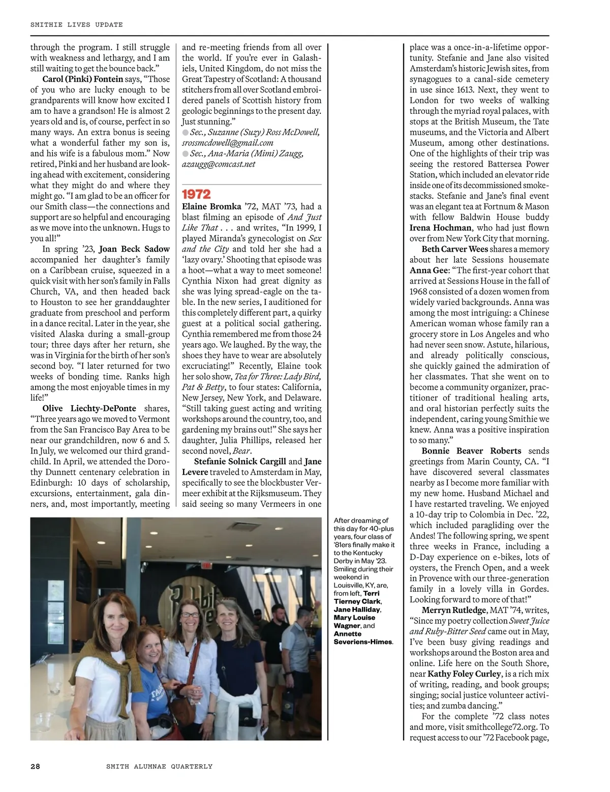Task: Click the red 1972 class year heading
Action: pyautogui.click(x=196, y=194)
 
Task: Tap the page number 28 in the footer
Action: pyautogui.click(x=35, y=766)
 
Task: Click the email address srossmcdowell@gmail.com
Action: pyautogui.click(x=228, y=143)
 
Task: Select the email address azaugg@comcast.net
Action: pyautogui.click(x=219, y=164)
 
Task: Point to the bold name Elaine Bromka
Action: pyautogui.click(x=211, y=206)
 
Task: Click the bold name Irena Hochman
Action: pyautogui.click(x=441, y=228)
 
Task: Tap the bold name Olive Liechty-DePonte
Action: pyautogui.click(x=89, y=408)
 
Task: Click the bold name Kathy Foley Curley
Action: pyautogui.click(x=464, y=674)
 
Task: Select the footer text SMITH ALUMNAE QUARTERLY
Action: pyautogui.click(x=159, y=766)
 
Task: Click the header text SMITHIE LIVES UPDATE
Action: pyautogui.click(x=76, y=24)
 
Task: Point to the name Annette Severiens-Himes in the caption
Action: pyautogui.click(x=363, y=638)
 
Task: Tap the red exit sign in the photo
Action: pyautogui.click(x=205, y=565)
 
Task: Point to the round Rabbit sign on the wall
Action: pyautogui.click(x=196, y=602)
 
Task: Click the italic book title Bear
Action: pyautogui.click(x=241, y=451)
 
